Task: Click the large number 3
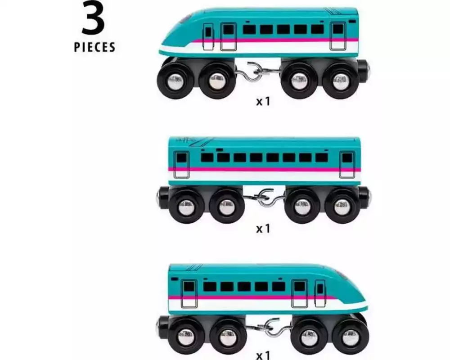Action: [x=94, y=18]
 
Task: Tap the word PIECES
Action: [x=94, y=47]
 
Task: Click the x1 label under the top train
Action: [x=263, y=101]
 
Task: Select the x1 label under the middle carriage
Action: [x=263, y=229]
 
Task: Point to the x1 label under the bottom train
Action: [x=263, y=355]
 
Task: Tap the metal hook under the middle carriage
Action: [x=265, y=198]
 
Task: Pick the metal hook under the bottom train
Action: [x=270, y=328]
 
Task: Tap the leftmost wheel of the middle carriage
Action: [x=187, y=206]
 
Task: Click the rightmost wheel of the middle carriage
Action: [x=342, y=206]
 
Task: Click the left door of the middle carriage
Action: [x=181, y=165]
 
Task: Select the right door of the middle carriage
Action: [x=347, y=165]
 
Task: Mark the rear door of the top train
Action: [x=338, y=36]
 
